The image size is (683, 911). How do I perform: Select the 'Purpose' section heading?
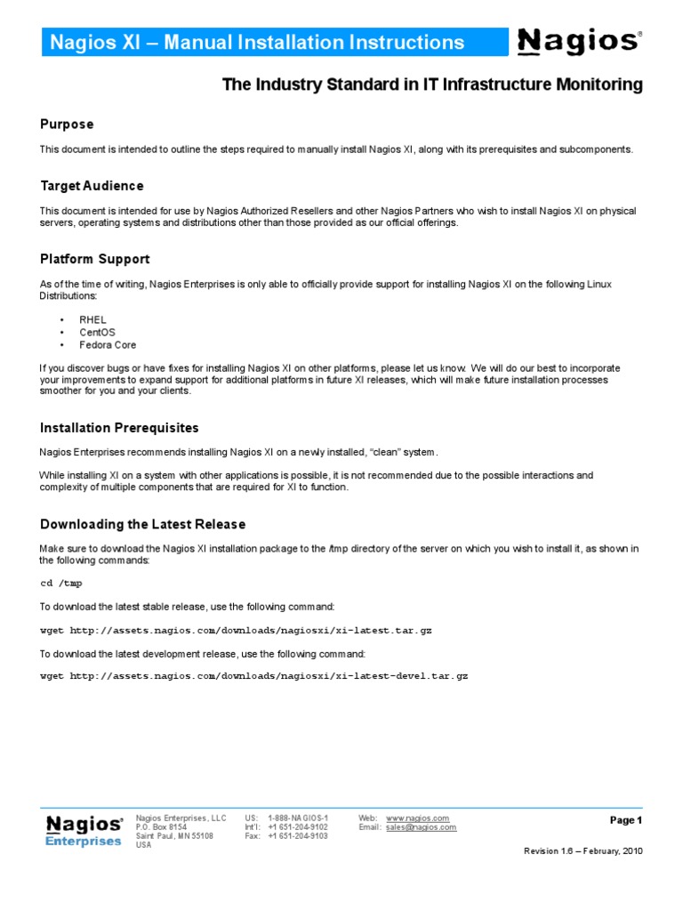click(67, 124)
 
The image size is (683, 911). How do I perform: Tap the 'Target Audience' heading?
click(92, 186)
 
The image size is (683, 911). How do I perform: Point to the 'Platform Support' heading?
click(94, 259)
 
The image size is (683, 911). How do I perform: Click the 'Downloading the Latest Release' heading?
click(142, 524)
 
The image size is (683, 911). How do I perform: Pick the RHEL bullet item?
click(92, 319)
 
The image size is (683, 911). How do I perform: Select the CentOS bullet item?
click(97, 332)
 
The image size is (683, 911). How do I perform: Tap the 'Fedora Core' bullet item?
click(108, 344)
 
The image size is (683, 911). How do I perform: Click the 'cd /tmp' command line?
click(61, 583)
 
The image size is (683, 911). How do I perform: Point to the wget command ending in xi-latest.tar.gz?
click(237, 630)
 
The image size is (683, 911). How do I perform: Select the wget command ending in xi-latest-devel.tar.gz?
click(254, 676)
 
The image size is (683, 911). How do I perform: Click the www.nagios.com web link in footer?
click(417, 818)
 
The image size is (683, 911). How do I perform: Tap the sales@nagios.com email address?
click(421, 827)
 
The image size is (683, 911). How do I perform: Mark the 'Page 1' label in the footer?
click(625, 820)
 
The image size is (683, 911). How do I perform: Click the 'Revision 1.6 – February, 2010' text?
click(583, 851)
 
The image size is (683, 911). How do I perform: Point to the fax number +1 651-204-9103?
click(297, 836)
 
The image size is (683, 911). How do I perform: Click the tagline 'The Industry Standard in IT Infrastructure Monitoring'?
click(431, 85)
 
